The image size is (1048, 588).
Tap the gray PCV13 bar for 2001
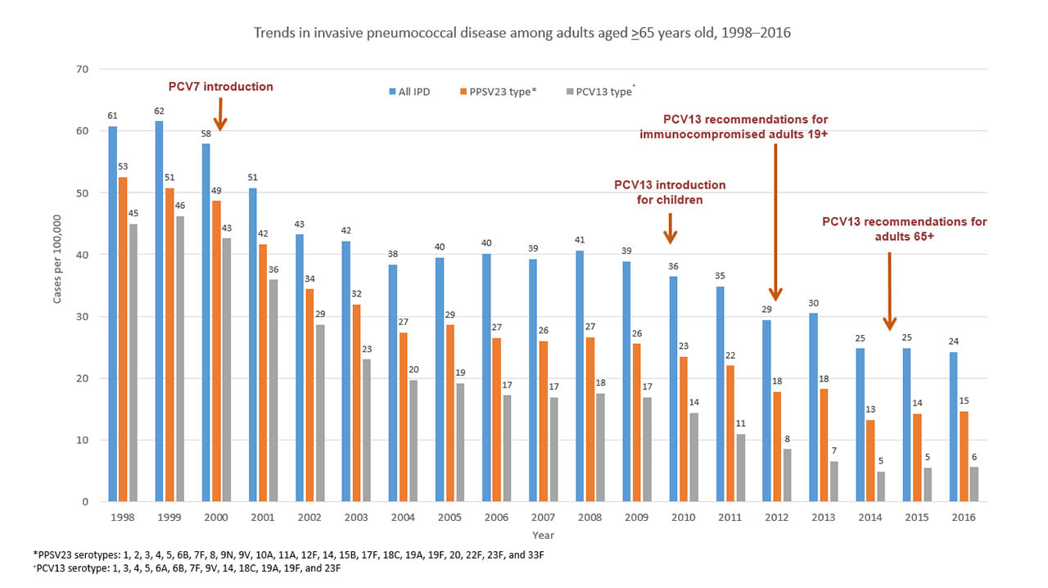274,390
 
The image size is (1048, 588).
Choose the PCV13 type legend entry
599,92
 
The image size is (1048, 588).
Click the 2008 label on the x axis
590,518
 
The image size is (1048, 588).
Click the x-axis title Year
543,534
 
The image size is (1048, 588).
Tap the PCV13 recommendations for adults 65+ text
904,228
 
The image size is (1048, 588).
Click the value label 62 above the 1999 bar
159,111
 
